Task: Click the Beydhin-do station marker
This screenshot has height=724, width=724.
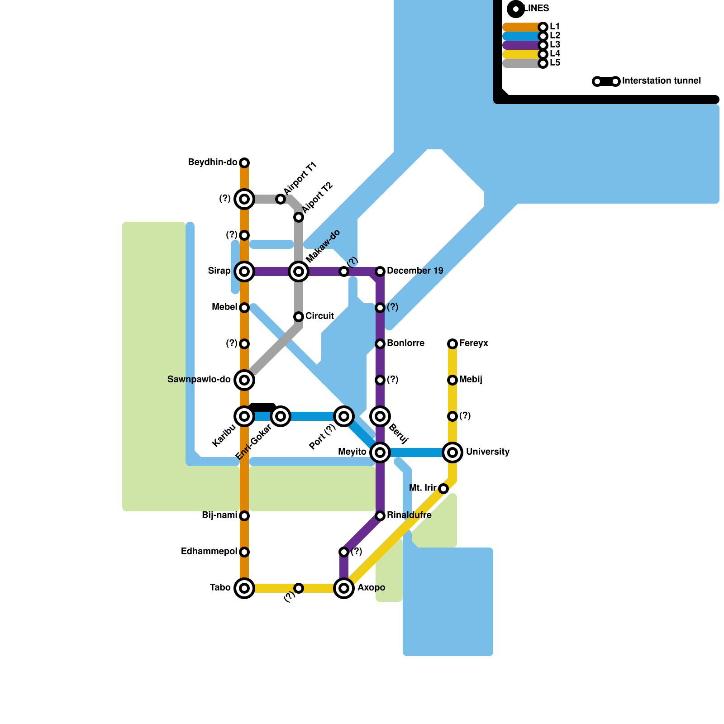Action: pos(244,163)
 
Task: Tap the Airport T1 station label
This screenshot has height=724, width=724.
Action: pos(300,178)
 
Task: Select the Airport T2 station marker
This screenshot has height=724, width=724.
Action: pos(299,217)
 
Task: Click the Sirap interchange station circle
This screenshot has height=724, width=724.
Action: pos(244,271)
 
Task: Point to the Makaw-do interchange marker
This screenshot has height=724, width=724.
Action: pos(299,271)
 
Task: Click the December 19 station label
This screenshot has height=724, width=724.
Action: pos(415,271)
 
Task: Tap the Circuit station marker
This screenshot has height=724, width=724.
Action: pos(299,317)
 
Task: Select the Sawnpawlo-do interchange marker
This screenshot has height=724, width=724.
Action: pos(244,380)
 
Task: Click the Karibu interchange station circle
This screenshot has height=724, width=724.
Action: pos(244,416)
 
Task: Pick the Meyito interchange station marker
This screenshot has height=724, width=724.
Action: pos(380,452)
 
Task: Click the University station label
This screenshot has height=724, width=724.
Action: pos(488,452)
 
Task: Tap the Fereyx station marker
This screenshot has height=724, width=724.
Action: pos(452,344)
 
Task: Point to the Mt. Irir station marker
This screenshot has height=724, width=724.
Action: pos(443,489)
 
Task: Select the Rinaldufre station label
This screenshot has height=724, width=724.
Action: pos(409,515)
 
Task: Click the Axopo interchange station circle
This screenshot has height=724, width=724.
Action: pos(344,588)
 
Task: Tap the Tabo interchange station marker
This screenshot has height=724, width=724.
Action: pos(244,588)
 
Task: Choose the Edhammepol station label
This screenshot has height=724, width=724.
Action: pos(209,552)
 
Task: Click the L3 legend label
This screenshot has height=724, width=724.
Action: pos(555,45)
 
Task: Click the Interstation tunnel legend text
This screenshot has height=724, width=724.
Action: pos(661,81)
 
